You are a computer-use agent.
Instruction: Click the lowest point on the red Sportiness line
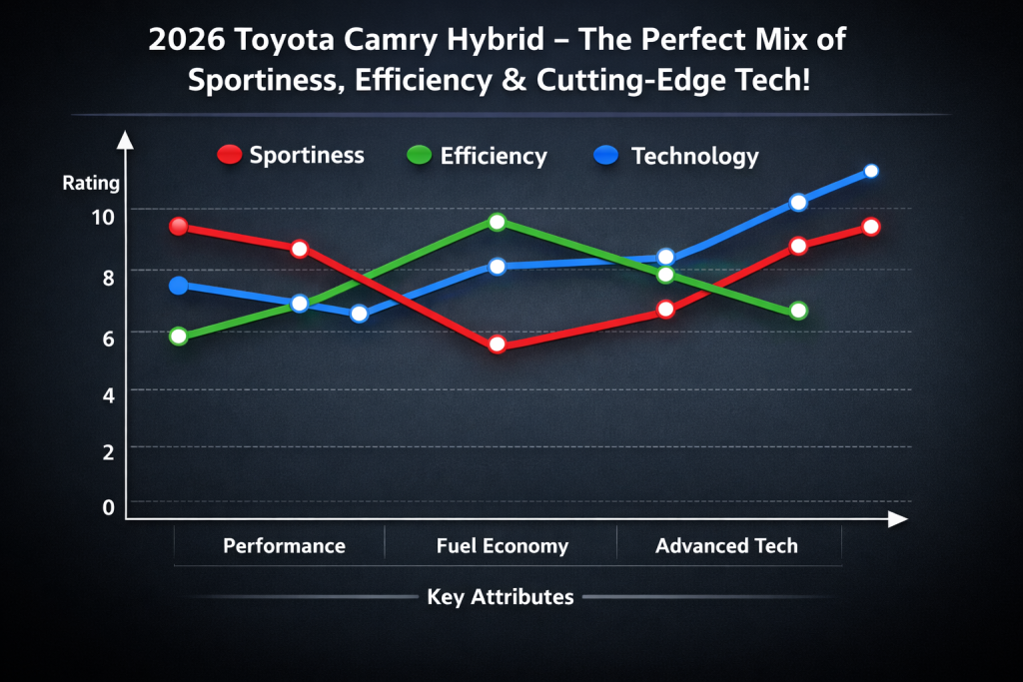498,344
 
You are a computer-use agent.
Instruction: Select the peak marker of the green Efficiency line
498,222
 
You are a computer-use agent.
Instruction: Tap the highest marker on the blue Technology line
870,171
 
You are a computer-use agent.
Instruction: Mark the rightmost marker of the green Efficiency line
798,311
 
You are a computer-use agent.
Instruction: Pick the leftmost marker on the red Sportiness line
179,226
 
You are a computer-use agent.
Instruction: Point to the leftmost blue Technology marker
179,286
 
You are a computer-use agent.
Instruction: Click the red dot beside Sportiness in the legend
230,155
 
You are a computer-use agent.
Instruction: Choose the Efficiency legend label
494,156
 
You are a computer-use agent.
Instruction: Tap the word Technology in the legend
694,156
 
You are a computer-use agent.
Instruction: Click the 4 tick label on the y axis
107,393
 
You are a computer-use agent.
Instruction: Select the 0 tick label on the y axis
107,507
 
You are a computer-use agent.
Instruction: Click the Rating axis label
91,183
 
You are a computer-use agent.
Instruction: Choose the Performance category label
284,545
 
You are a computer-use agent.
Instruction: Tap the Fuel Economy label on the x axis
502,545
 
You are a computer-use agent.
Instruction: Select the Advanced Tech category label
726,545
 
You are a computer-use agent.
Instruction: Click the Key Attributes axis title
500,597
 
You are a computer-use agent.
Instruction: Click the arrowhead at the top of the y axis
125,139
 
